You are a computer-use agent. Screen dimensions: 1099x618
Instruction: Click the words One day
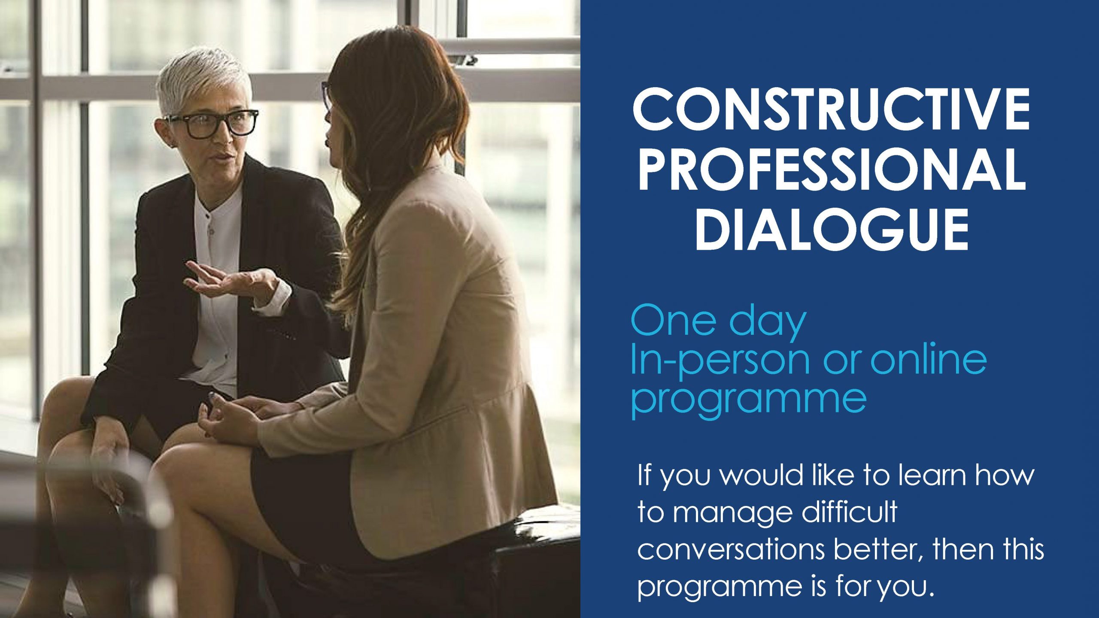coord(718,323)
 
